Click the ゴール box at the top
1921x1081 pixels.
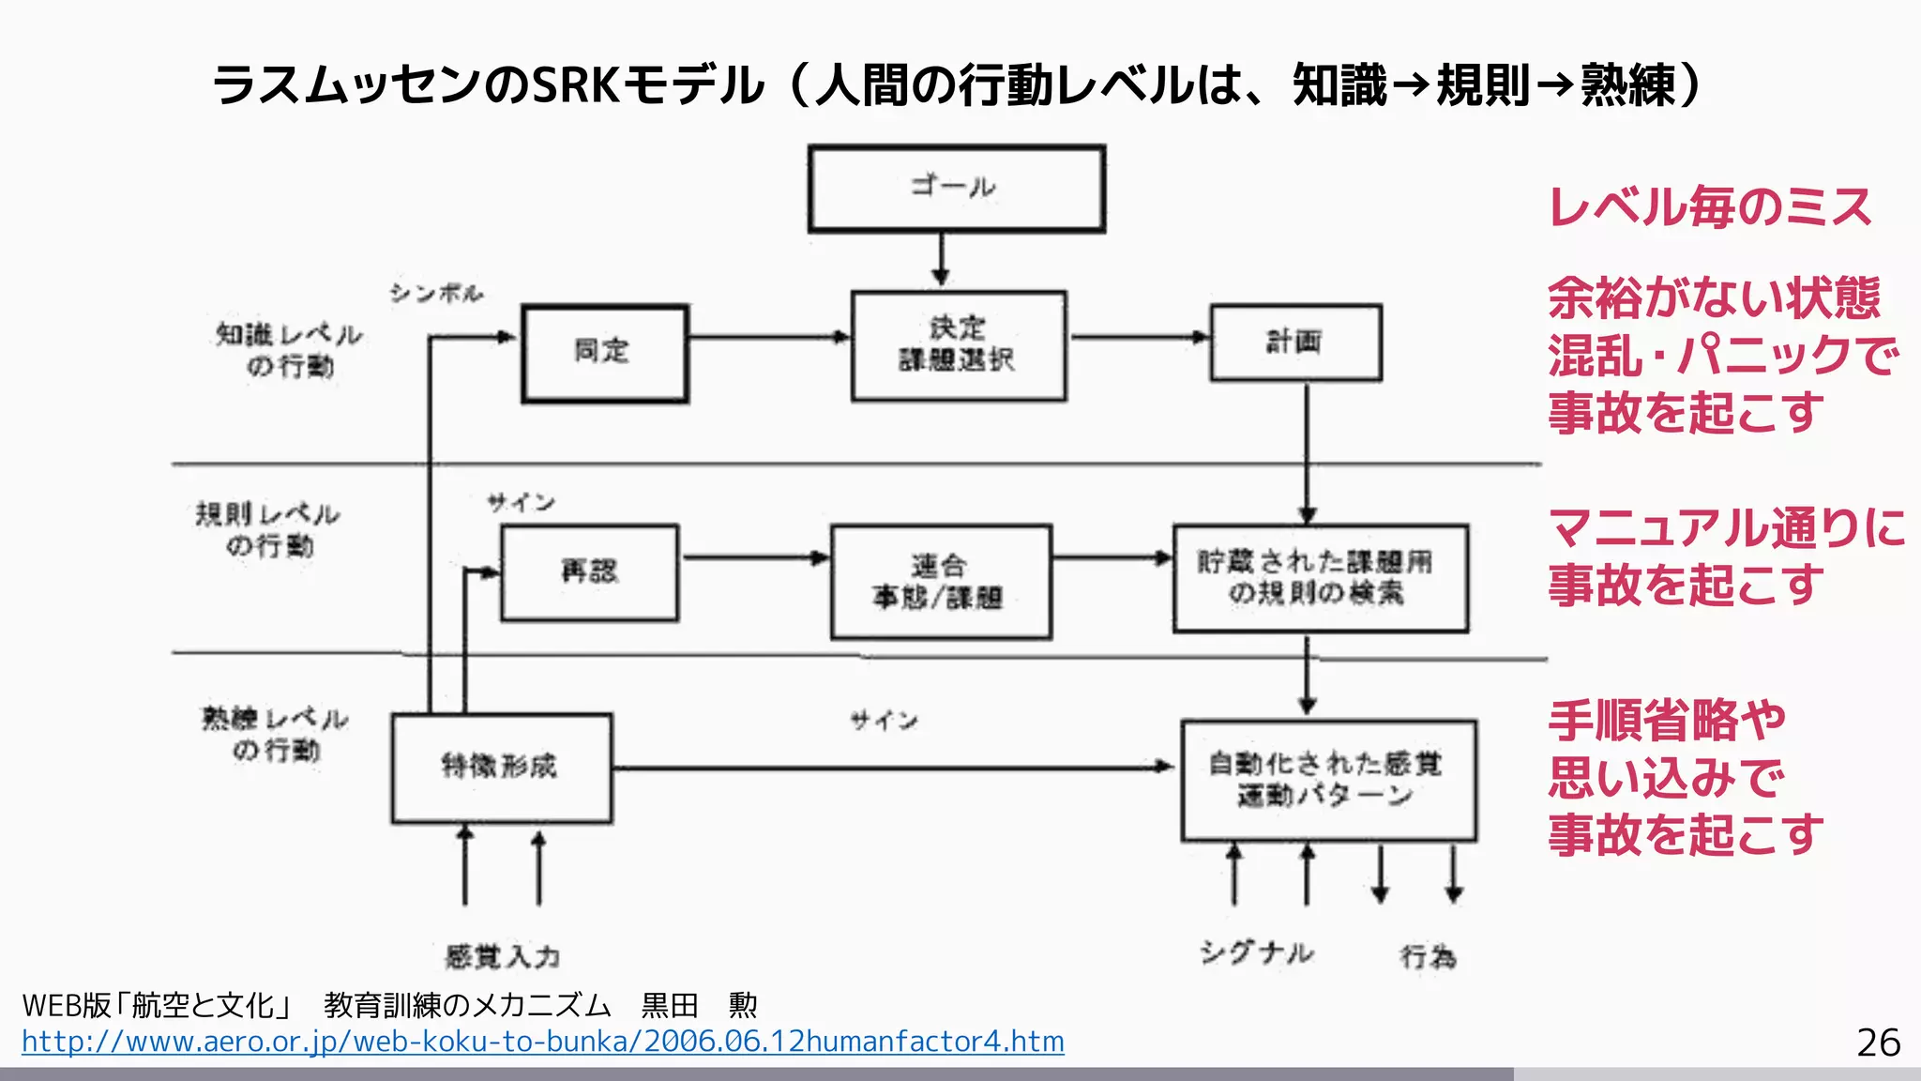[956, 188]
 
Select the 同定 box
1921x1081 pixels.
[604, 353]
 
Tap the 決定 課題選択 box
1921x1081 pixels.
[958, 345]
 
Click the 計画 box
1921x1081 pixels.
[1295, 343]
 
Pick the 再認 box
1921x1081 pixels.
[589, 572]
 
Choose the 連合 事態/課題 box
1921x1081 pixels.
[941, 582]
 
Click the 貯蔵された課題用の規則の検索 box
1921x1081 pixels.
[1320, 578]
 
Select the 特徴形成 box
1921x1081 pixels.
[501, 768]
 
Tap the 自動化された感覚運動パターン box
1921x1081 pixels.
[1327, 780]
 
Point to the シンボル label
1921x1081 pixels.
[436, 294]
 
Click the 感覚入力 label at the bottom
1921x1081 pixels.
[502, 957]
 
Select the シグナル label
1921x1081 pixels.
[1256, 954]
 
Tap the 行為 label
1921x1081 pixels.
[1428, 957]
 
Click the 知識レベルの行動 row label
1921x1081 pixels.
[289, 350]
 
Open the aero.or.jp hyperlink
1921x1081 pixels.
[542, 1042]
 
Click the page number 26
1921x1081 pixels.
[1878, 1043]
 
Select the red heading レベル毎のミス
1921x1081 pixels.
[1709, 207]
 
